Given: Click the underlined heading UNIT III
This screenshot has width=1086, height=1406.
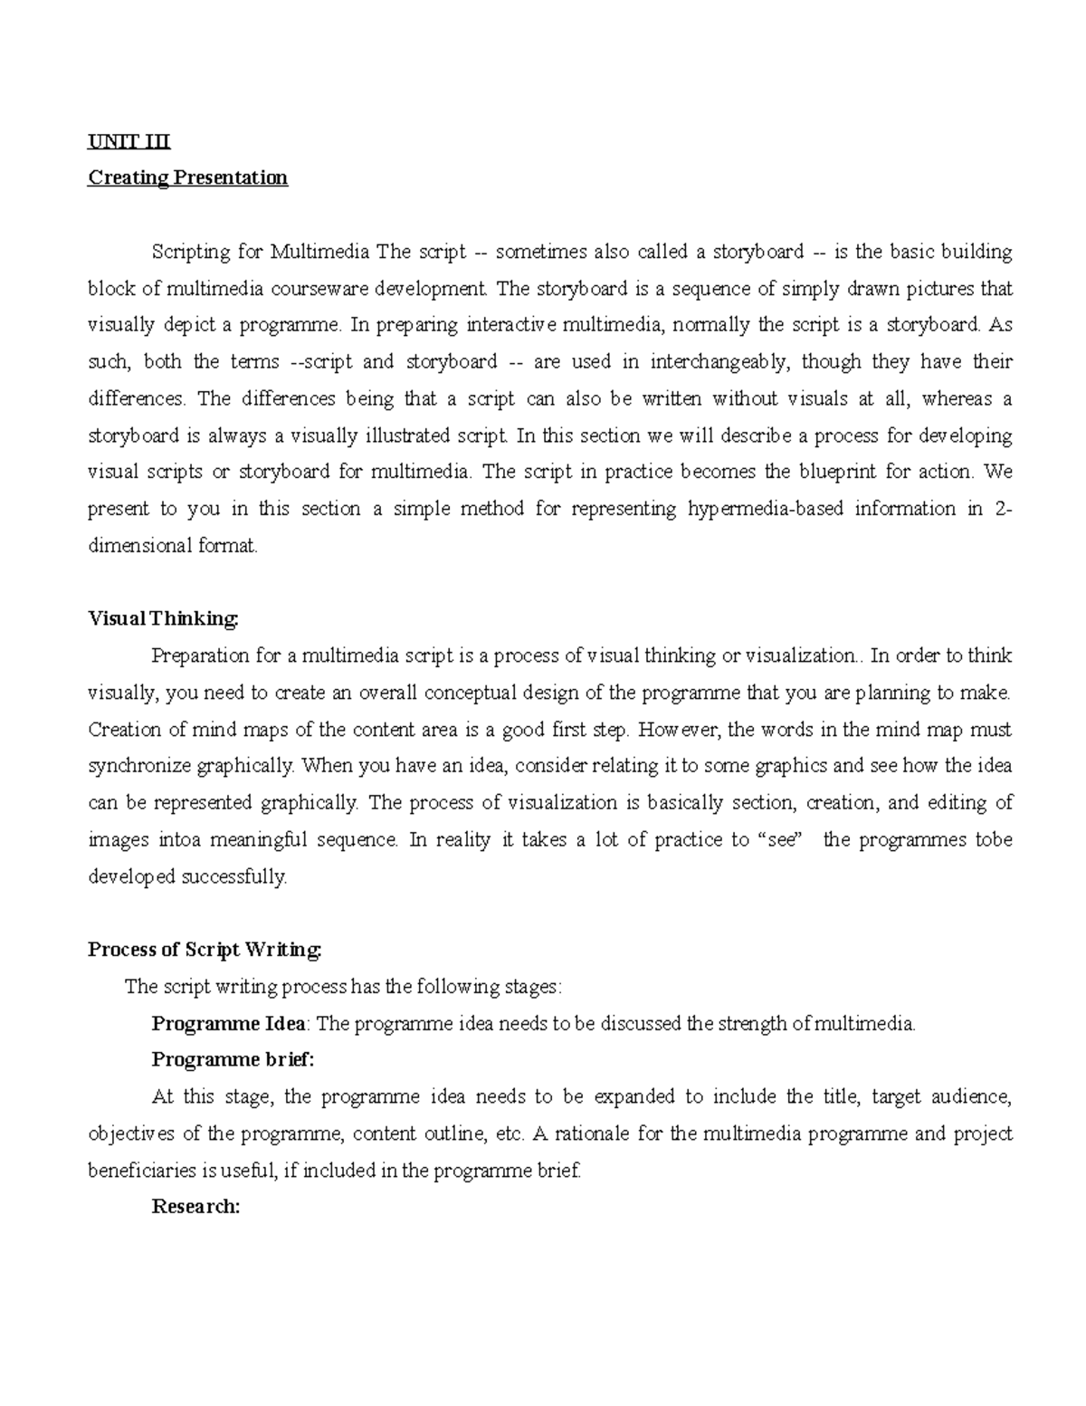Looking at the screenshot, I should pyautogui.click(x=129, y=141).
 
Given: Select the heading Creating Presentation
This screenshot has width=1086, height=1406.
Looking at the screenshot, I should pyautogui.click(x=187, y=177).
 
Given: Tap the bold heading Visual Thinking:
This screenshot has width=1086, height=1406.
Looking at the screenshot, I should pyautogui.click(x=164, y=618).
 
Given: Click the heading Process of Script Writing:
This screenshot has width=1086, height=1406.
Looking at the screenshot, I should pyautogui.click(x=205, y=950).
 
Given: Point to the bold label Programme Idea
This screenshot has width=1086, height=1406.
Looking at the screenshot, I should pyautogui.click(x=230, y=1024).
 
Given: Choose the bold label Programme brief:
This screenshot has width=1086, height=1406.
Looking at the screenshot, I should pyautogui.click(x=233, y=1060).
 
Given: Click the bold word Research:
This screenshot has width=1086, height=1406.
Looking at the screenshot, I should pyautogui.click(x=195, y=1207).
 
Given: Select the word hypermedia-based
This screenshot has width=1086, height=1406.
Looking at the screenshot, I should pyautogui.click(x=757, y=509).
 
